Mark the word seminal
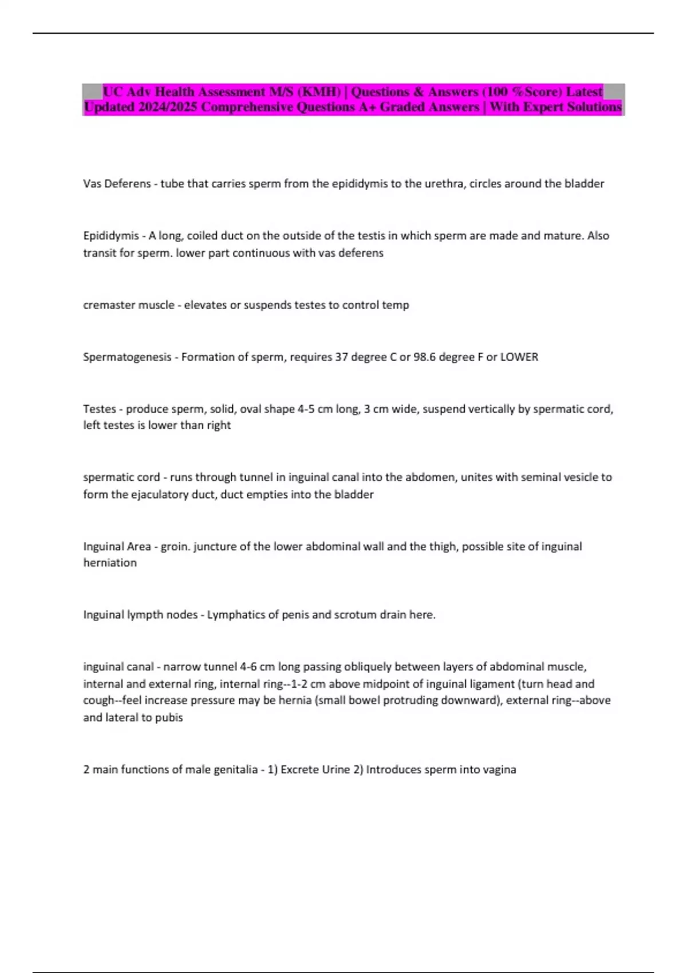pyautogui.click(x=547, y=477)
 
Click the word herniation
pyautogui.click(x=110, y=563)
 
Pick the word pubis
pyautogui.click(x=169, y=718)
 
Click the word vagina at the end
pyautogui.click(x=499, y=770)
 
